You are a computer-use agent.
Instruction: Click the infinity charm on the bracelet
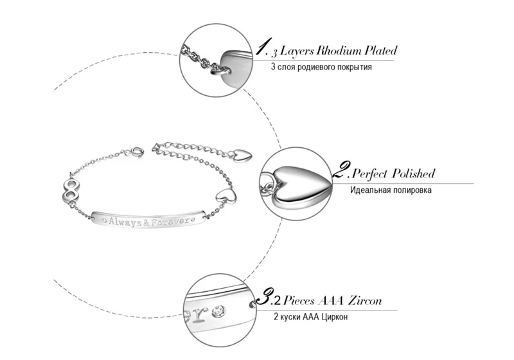[71, 190]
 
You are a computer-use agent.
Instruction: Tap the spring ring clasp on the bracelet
[137, 152]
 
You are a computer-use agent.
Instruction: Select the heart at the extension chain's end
[242, 155]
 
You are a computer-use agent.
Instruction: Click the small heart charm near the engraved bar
[226, 195]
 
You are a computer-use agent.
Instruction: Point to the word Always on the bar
[125, 222]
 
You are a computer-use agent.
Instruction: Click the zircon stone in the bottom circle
[218, 311]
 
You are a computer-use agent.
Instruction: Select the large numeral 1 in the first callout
[263, 46]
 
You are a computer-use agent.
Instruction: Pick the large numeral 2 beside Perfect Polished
[342, 169]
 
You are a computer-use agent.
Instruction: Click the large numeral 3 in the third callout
[264, 296]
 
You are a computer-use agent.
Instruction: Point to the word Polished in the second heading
[414, 174]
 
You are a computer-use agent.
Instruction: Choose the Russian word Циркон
[334, 317]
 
